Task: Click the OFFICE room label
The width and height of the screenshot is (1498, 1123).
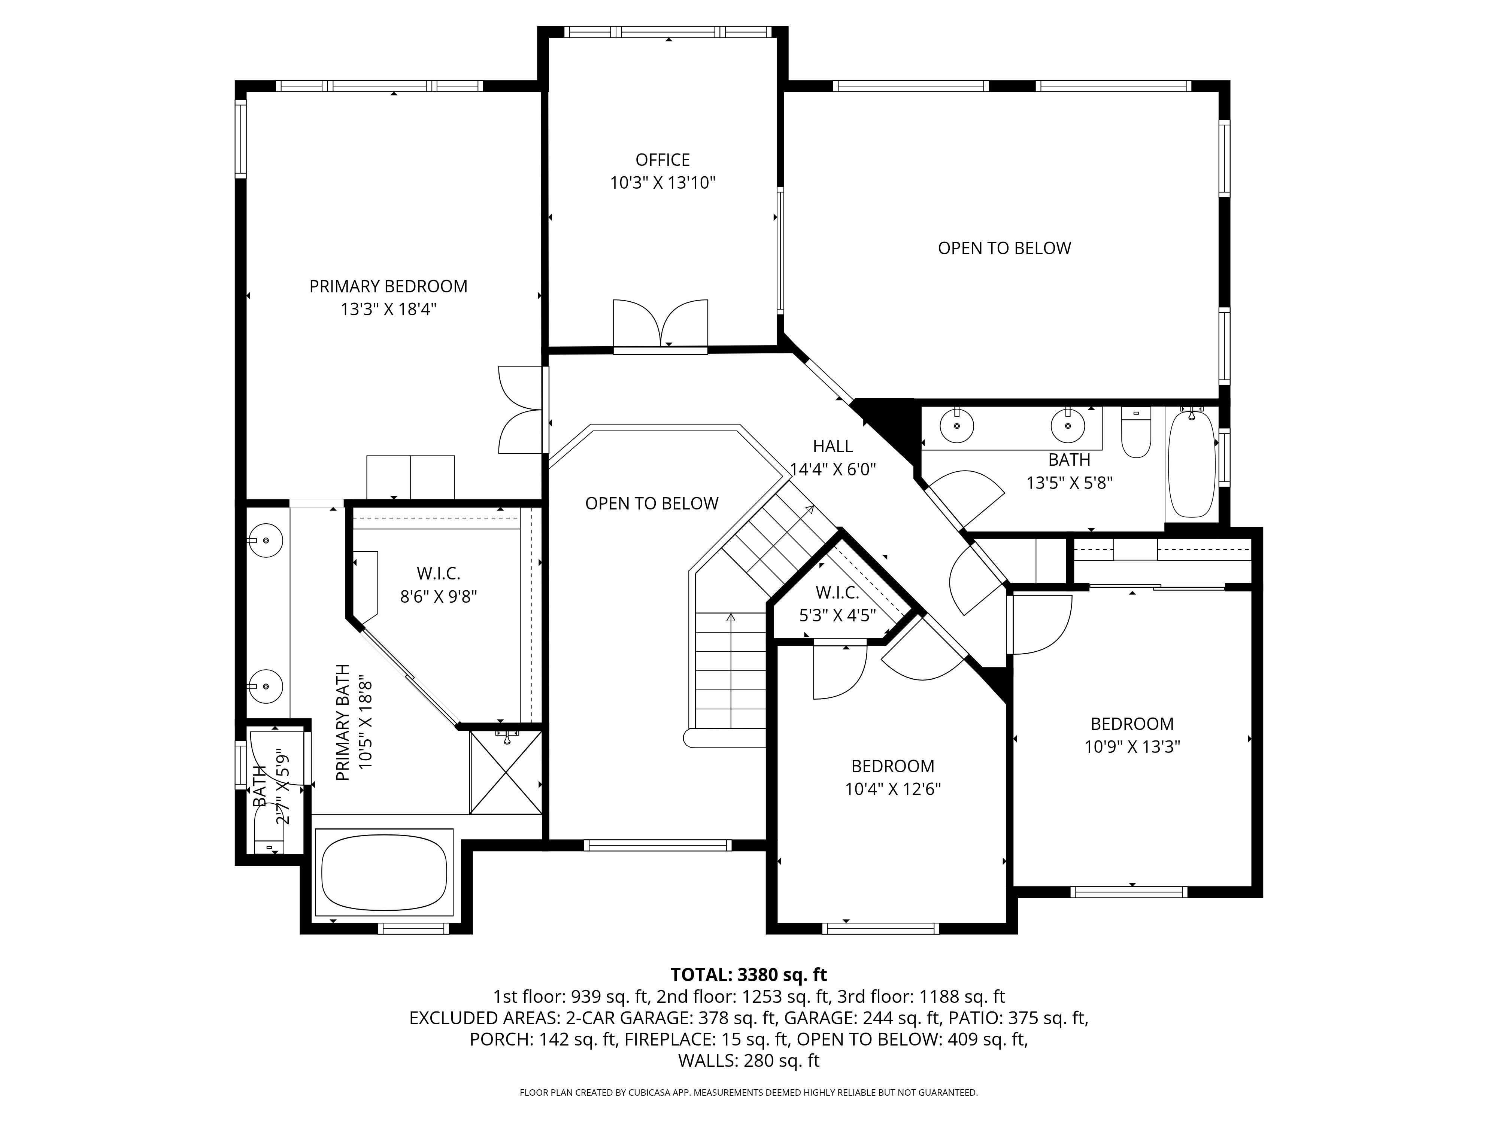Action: [x=662, y=160]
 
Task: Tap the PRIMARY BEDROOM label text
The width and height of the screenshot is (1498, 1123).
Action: [x=388, y=286]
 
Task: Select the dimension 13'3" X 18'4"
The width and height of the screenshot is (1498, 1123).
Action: [x=388, y=309]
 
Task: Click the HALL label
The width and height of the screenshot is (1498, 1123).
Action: [x=832, y=446]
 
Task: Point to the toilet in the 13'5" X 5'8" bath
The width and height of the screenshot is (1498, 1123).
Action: [x=1136, y=433]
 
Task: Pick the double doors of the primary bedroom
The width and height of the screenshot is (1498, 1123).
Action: [x=521, y=410]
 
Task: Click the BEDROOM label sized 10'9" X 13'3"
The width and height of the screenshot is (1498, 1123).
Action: [x=1132, y=724]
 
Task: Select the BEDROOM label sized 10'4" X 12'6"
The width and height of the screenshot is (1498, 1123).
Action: [x=892, y=766]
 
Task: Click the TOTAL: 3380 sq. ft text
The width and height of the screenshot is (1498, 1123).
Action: [x=748, y=975]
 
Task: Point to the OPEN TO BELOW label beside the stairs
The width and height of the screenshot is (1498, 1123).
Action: [x=652, y=503]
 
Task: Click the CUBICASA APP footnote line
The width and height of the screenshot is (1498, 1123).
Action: [x=748, y=1093]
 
